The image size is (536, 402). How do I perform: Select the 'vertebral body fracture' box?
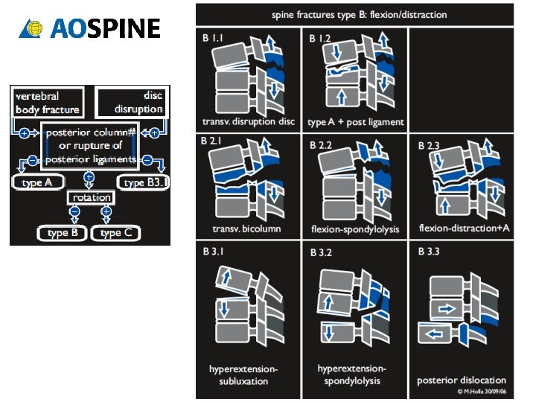pyautogui.click(x=45, y=103)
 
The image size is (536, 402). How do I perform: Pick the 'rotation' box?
pyautogui.click(x=91, y=197)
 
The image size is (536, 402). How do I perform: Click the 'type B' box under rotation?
pyautogui.click(x=63, y=233)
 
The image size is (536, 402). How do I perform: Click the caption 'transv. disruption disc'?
pyautogui.click(x=249, y=121)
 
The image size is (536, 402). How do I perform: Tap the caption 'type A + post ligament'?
pyautogui.click(x=356, y=122)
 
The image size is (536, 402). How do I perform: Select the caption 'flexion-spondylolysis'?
pyautogui.click(x=355, y=229)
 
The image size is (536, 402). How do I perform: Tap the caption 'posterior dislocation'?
pyautogui.click(x=461, y=380)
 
